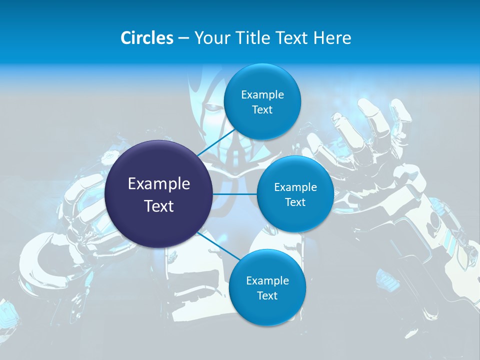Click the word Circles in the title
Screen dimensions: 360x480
coord(147,38)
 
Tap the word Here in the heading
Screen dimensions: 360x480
coord(332,38)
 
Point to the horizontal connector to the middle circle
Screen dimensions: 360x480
coord(234,193)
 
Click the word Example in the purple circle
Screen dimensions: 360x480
coord(159,184)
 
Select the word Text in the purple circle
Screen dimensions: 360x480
coord(159,206)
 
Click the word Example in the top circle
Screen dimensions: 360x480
coord(262,95)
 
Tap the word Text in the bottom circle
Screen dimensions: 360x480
coord(267,296)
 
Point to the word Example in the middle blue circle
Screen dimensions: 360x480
coord(295,187)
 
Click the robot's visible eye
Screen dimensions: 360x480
coord(214,107)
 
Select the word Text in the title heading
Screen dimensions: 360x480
coord(292,38)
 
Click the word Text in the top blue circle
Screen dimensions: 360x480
coord(262,110)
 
